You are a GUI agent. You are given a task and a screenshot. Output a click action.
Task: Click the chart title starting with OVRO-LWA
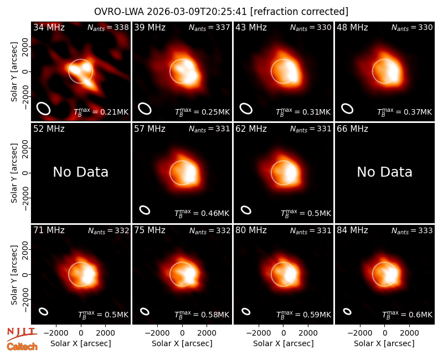tap(221, 12)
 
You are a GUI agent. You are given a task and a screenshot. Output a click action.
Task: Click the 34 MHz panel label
tap(49, 27)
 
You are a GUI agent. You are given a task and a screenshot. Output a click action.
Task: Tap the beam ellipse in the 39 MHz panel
tap(145, 109)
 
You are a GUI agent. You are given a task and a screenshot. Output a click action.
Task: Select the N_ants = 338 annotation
tap(108, 27)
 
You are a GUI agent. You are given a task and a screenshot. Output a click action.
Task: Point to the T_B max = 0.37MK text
tap(405, 112)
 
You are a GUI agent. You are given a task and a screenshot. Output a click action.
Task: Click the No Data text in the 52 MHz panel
tap(81, 172)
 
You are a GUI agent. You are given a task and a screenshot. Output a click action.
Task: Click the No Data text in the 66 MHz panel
tap(384, 172)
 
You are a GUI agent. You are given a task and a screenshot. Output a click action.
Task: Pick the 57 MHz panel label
tap(150, 129)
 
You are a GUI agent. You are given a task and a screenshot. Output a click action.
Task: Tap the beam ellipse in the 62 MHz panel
tap(246, 210)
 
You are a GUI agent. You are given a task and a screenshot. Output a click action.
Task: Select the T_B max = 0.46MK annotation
tap(202, 213)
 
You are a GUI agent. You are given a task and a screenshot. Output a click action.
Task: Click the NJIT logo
tap(22, 334)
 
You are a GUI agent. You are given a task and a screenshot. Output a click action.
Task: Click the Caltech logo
tap(22, 347)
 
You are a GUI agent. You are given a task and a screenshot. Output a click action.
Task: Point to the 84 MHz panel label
tap(352, 230)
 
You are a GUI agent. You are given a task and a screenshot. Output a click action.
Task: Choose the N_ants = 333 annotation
tap(412, 230)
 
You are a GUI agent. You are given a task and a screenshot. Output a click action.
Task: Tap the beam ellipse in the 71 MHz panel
tap(44, 311)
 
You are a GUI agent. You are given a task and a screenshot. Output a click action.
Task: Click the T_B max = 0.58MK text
tap(202, 315)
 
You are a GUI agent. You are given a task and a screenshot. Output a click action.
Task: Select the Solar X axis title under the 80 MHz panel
tap(284, 343)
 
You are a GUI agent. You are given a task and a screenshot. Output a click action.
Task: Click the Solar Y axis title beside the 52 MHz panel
tap(14, 173)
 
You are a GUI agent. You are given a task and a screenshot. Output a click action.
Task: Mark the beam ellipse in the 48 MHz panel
tap(347, 109)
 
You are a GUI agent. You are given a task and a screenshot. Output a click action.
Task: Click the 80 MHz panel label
tap(251, 230)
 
